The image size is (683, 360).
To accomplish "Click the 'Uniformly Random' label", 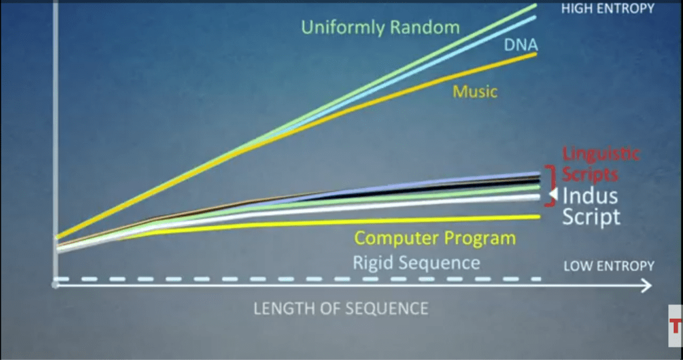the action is click(x=380, y=28).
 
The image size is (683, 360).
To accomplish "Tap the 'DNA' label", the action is click(x=521, y=45).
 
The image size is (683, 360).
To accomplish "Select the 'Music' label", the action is click(x=475, y=91).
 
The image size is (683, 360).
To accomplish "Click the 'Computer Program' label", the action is click(x=435, y=238).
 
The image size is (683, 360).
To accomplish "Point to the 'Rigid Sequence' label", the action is click(x=416, y=263).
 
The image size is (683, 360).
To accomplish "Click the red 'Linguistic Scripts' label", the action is click(x=601, y=164).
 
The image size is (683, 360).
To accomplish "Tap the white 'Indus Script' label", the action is click(x=591, y=206).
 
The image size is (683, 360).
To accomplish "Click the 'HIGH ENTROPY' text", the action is click(x=608, y=8).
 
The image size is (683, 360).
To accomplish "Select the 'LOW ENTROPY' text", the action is click(x=609, y=266).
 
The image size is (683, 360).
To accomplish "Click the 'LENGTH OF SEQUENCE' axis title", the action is click(x=341, y=309).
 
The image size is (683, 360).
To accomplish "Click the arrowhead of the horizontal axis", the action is click(x=646, y=285).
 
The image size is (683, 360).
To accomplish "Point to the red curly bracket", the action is click(x=552, y=185).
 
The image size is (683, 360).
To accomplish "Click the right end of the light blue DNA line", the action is click(x=536, y=17).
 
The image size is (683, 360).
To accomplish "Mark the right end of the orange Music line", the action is click(x=536, y=53).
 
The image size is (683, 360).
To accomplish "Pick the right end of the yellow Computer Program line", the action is click(x=539, y=217).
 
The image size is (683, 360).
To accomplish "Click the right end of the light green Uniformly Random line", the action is click(x=536, y=5).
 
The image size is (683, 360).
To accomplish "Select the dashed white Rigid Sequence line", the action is click(x=298, y=279).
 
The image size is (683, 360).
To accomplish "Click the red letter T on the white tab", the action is click(x=676, y=325).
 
